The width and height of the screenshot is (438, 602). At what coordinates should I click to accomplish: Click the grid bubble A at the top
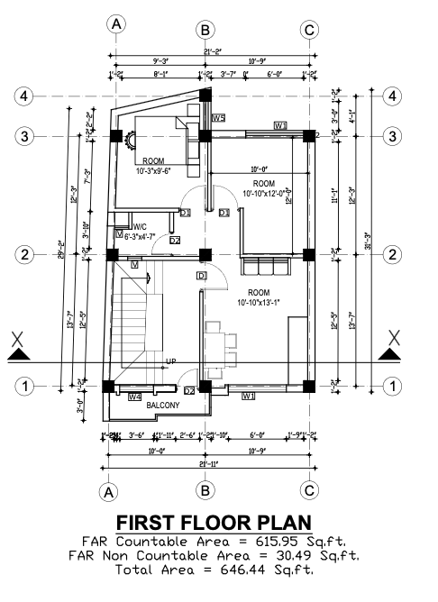click(x=116, y=26)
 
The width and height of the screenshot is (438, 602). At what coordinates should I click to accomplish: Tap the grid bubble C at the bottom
click(x=309, y=490)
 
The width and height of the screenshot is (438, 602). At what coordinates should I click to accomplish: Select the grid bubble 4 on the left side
click(x=26, y=96)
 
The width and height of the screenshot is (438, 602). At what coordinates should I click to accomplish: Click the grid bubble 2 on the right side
click(x=392, y=255)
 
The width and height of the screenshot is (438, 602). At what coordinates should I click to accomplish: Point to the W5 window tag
click(x=218, y=118)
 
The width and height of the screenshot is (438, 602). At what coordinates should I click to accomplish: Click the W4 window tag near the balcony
click(x=135, y=397)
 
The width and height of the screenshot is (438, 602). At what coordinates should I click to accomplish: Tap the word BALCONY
click(x=163, y=406)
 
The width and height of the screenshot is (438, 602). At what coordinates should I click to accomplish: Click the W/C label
click(x=140, y=226)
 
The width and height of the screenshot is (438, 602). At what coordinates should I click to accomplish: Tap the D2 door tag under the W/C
click(x=174, y=241)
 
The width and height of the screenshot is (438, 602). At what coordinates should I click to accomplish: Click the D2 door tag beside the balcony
click(x=189, y=391)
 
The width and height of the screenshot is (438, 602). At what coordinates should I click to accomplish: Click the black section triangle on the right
click(x=390, y=354)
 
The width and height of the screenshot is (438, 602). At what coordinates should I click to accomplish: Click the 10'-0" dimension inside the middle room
click(x=261, y=168)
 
